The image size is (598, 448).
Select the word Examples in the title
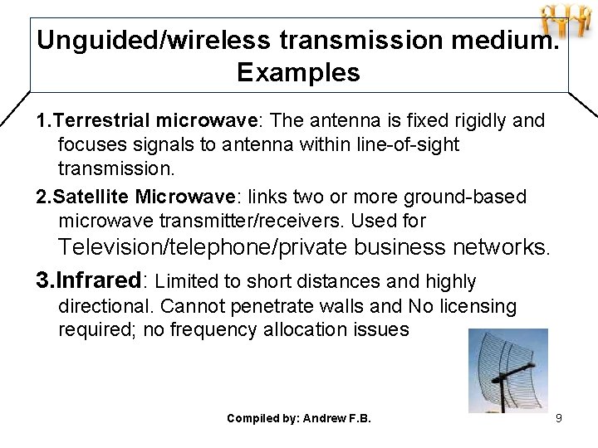coord(298,73)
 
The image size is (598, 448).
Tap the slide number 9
coord(559,418)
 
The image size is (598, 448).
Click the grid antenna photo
coord(507,370)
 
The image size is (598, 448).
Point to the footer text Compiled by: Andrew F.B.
coord(298,418)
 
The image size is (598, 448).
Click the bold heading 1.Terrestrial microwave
coord(147,121)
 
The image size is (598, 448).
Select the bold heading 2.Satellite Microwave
coord(136,197)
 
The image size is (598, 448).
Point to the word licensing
coord(474,307)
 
